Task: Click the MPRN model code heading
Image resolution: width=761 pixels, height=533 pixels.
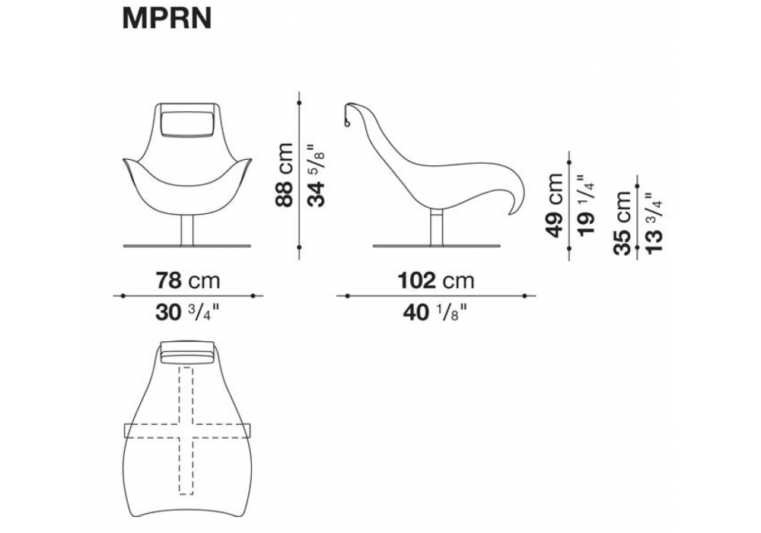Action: (167, 18)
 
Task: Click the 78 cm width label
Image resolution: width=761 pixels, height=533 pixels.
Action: (188, 280)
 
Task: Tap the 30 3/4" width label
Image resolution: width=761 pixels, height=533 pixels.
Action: (188, 313)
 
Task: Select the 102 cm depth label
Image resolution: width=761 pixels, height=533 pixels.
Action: (436, 280)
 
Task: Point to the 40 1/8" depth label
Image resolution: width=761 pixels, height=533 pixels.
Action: (436, 313)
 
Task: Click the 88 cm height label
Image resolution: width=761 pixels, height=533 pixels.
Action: (285, 175)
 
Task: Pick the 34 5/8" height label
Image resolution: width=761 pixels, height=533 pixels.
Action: (317, 175)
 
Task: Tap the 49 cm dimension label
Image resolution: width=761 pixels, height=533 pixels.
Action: (555, 206)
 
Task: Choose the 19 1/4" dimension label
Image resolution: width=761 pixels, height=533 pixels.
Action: (587, 206)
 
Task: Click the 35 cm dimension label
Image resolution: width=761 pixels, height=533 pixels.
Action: (622, 223)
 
